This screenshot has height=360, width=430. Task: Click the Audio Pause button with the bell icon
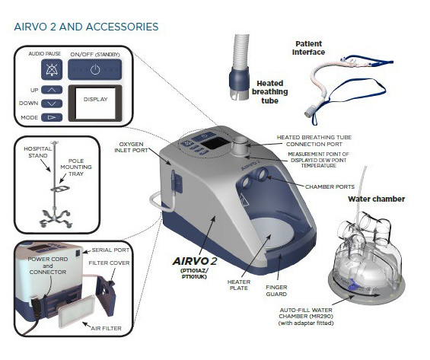click(52, 70)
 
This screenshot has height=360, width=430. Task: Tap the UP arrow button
click(52, 90)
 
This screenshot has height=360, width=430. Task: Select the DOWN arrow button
click(52, 104)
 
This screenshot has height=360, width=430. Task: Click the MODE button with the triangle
click(52, 117)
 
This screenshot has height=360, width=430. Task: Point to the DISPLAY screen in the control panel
click(95, 103)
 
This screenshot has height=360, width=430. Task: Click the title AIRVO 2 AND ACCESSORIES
click(86, 27)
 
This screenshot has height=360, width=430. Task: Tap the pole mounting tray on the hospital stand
click(60, 189)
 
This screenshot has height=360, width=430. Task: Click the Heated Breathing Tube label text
click(270, 92)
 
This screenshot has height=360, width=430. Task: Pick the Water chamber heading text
click(377, 199)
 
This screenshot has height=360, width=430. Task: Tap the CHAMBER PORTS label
click(330, 187)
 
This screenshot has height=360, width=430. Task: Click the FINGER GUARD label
click(276, 291)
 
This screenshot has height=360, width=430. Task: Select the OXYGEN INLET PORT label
click(131, 147)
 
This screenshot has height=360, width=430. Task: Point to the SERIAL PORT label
click(110, 250)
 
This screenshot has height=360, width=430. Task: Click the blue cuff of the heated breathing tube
click(240, 80)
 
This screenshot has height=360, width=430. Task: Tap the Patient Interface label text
click(308, 48)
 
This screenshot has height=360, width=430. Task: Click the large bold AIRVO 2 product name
click(194, 261)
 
